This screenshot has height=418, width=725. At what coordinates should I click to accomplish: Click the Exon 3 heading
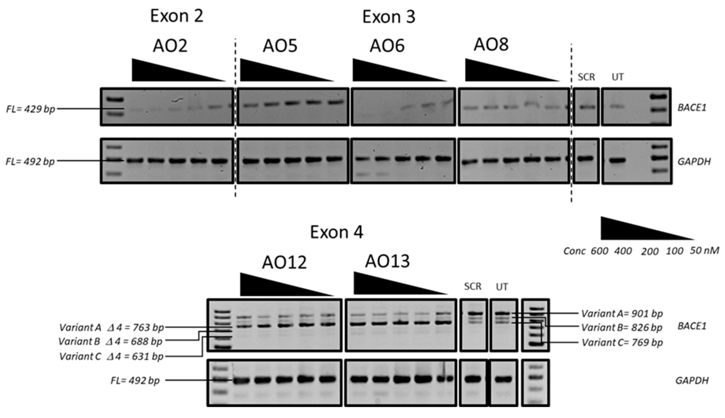click(x=389, y=17)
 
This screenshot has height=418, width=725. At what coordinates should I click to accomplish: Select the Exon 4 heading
click(x=336, y=232)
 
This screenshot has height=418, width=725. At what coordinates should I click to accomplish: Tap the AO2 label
click(x=170, y=46)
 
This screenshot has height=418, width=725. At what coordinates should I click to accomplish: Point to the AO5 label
click(x=280, y=46)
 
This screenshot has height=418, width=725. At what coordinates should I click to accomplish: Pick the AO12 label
click(x=284, y=262)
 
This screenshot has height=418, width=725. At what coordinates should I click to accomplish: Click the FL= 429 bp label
click(x=31, y=109)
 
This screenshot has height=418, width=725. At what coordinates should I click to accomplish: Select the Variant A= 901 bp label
click(x=622, y=313)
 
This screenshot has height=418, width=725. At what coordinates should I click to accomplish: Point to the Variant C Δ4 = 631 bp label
click(x=111, y=356)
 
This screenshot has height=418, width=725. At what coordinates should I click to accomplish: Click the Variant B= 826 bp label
click(x=622, y=327)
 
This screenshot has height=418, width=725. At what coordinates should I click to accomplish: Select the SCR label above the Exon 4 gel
click(x=473, y=286)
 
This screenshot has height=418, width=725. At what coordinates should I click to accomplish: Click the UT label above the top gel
click(x=618, y=77)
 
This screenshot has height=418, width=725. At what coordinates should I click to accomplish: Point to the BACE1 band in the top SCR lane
click(x=586, y=107)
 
